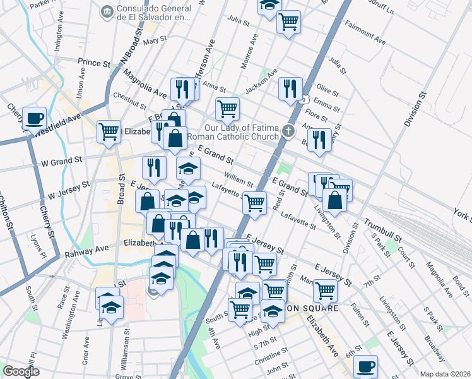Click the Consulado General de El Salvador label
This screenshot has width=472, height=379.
(151, 13)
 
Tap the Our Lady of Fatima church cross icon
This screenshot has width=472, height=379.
(289, 132)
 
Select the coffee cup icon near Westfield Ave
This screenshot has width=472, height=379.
(34, 117)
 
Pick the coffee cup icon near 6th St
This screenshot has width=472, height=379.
(365, 366)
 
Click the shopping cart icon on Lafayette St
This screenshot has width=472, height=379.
(254, 203)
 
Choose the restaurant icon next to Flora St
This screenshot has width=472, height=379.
(320, 140)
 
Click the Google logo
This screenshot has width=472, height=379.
(21, 372)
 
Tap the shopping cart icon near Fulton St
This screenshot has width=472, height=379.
(325, 291)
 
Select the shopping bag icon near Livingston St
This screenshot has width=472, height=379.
(336, 200)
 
